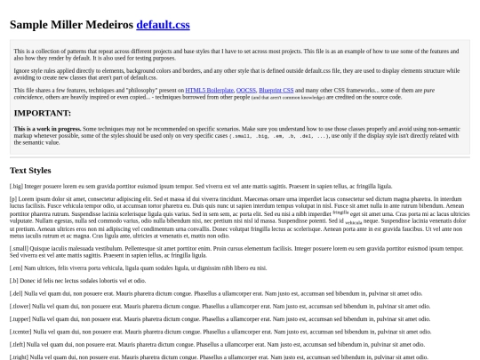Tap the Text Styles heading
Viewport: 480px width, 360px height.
(x=30, y=170)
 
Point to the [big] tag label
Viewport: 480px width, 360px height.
(x=16, y=186)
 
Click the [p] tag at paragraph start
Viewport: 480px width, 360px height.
(x=14, y=199)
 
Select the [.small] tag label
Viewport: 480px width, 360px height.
(x=19, y=251)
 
